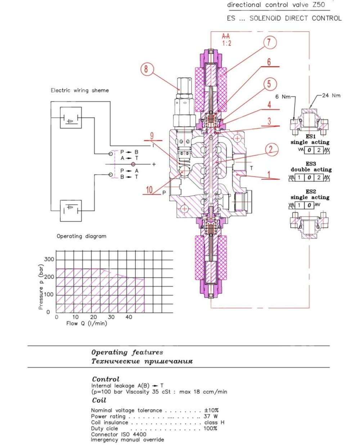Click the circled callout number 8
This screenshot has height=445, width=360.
click(146, 69)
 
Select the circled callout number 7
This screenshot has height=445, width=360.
click(270, 42)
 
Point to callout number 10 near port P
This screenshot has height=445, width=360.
click(150, 190)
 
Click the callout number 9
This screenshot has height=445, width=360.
click(152, 136)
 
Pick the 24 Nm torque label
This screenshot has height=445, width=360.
click(330, 96)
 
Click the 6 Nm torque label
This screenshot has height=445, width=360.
click(283, 96)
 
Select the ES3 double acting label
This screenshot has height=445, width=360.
click(311, 167)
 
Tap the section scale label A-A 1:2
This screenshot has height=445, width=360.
click(226, 40)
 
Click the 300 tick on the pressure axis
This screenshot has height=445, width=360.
click(49, 259)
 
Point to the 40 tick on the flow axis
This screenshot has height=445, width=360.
click(129, 317)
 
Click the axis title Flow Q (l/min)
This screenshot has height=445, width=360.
click(86, 323)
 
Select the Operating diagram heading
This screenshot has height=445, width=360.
click(81, 236)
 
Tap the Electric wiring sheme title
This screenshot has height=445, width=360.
click(80, 90)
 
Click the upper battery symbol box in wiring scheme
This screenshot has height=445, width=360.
click(70, 118)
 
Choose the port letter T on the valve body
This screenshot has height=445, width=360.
click(251, 168)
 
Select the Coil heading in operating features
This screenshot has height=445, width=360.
click(99, 400)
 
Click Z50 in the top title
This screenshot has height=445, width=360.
click(319, 5)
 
